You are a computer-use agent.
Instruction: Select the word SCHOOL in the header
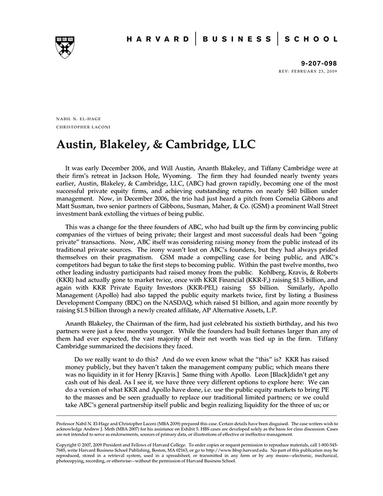[x=311, y=39]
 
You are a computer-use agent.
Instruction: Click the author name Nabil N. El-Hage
[x=78, y=119]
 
